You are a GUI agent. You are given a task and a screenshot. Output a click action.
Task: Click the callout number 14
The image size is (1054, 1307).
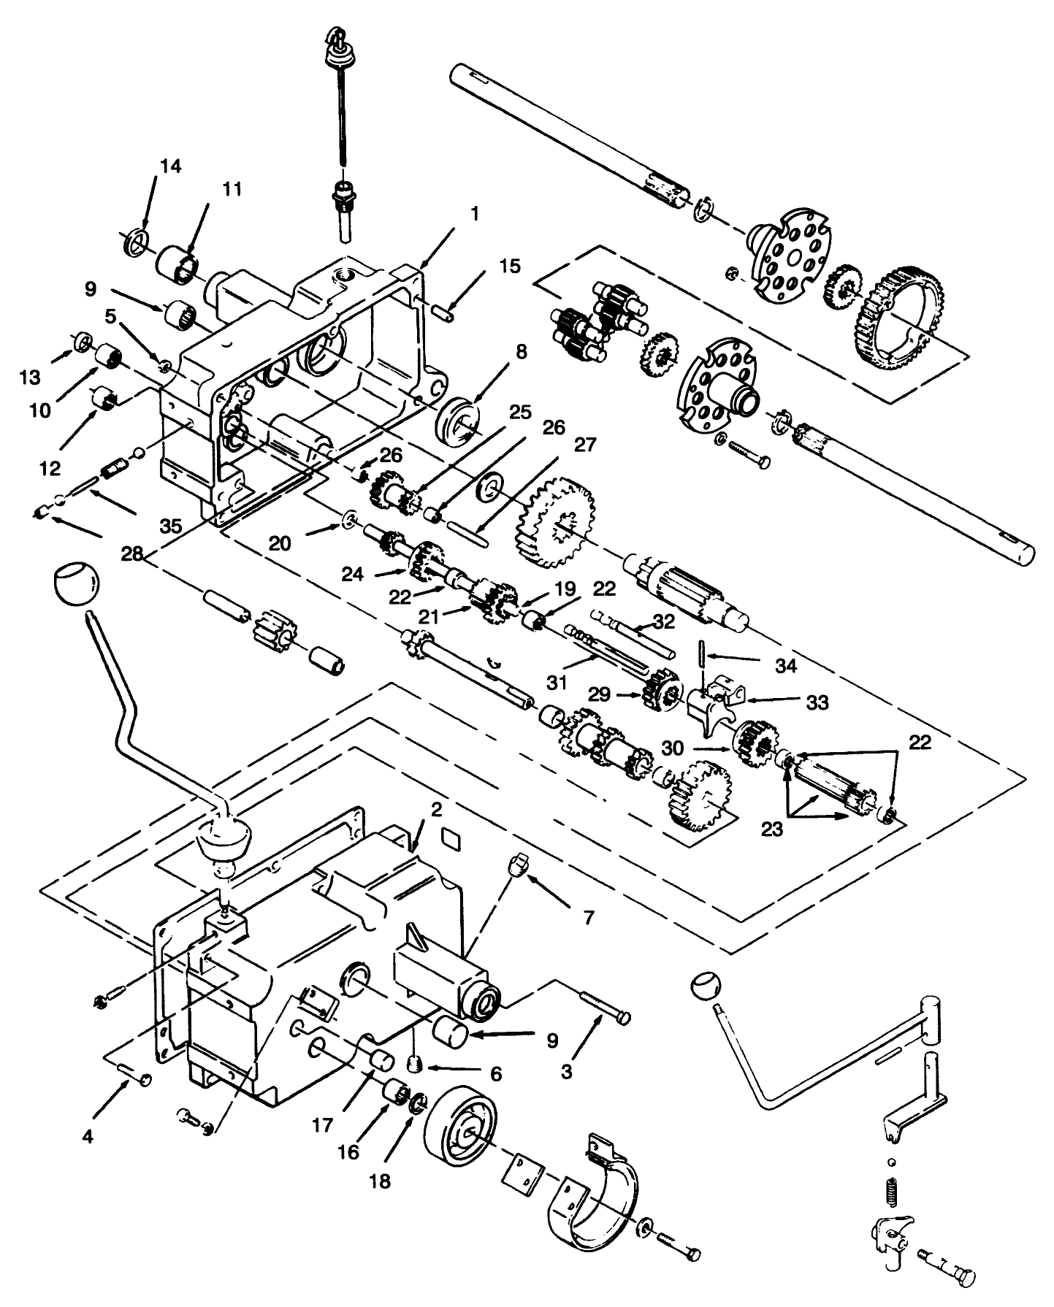(x=169, y=166)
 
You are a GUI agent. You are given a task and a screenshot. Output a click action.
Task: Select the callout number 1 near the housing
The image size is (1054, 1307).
(x=475, y=214)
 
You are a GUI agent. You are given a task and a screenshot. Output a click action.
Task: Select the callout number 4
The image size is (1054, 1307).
(x=88, y=1138)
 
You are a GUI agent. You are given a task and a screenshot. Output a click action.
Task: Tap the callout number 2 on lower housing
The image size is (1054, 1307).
(x=435, y=810)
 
